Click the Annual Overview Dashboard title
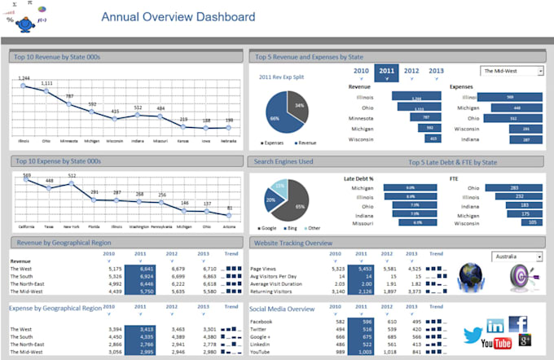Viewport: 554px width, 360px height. tap(178, 17)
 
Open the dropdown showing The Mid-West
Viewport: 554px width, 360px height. tap(512, 71)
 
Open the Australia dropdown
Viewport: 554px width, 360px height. tap(517, 257)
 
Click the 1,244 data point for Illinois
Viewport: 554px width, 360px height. tap(24, 86)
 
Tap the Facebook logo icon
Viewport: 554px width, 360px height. tap(518, 324)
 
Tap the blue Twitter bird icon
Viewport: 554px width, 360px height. tap(473, 334)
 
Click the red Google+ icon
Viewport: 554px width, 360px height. tap(525, 340)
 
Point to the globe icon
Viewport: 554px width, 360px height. tap(472, 275)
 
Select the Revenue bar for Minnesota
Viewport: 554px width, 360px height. tap(420, 117)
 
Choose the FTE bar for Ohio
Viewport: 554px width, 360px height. tap(513, 187)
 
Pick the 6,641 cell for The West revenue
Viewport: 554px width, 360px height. tap(147, 268)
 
